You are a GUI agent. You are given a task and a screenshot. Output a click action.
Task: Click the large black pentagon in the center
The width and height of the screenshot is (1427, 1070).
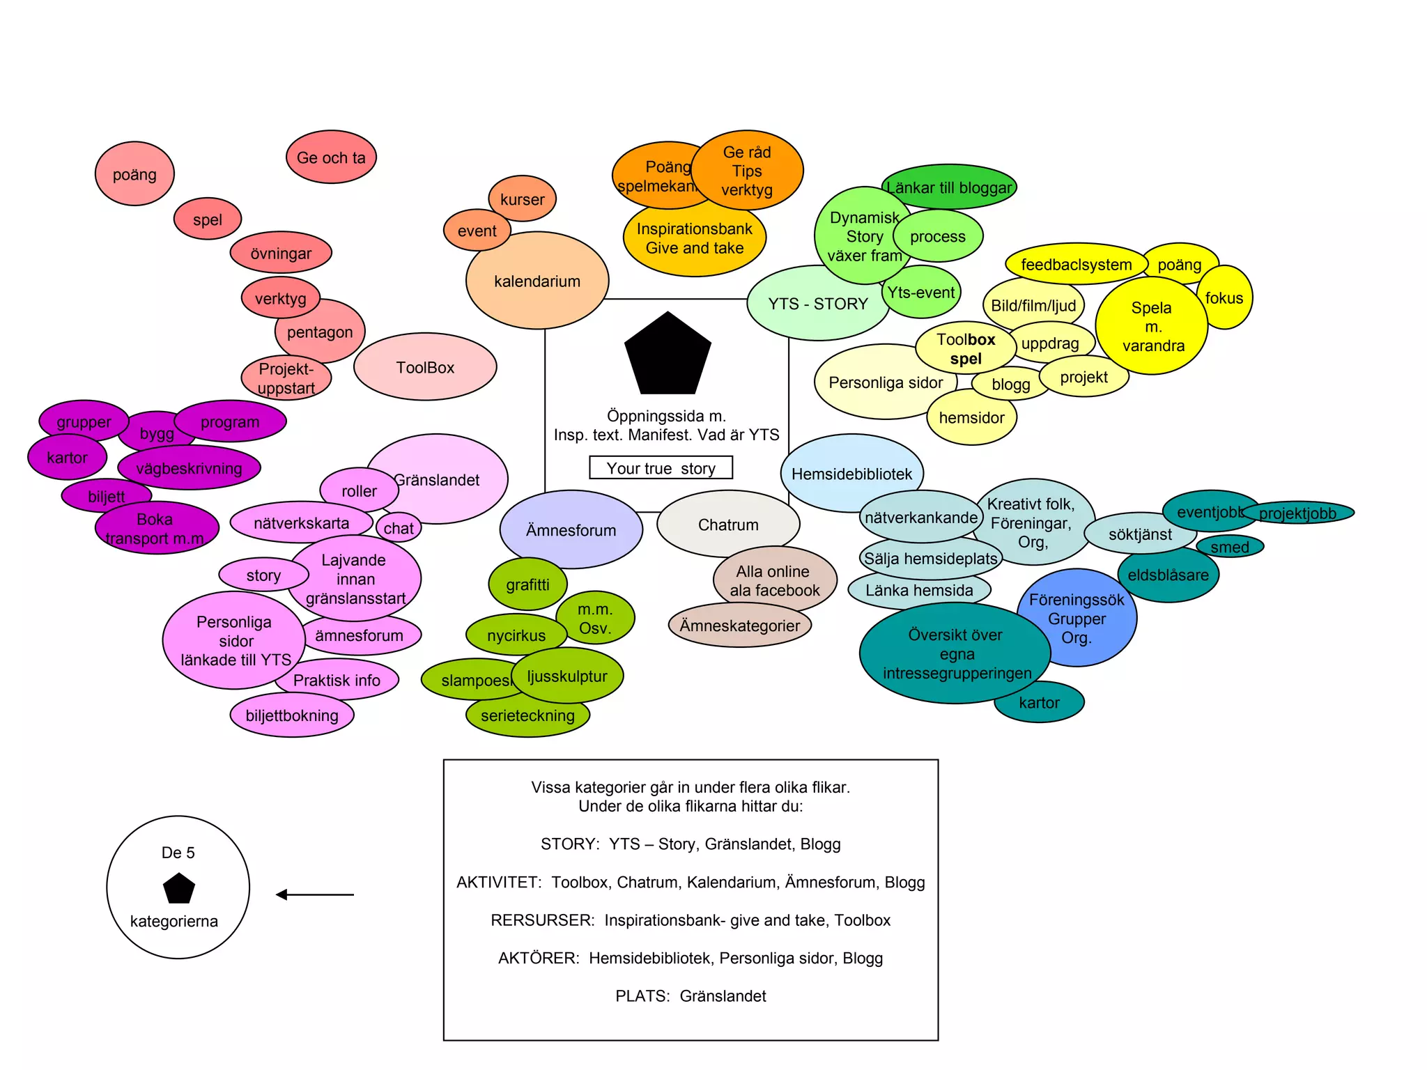[x=668, y=355]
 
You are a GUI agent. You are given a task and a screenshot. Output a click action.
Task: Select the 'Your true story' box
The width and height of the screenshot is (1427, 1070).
[x=661, y=467]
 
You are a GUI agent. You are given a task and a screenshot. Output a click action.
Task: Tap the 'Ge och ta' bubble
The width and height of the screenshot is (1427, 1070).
[x=331, y=157]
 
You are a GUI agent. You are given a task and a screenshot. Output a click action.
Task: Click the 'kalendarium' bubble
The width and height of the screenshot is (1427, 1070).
[x=537, y=281]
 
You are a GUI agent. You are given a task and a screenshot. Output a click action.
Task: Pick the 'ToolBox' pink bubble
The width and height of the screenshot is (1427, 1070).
[x=425, y=367]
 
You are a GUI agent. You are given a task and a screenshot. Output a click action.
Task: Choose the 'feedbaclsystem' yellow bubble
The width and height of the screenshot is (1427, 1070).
[x=1076, y=264]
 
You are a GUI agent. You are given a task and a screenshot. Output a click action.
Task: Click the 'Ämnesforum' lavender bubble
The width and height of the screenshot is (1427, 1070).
[x=571, y=529]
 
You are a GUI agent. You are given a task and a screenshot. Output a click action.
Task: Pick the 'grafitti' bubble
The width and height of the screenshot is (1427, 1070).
[x=527, y=584]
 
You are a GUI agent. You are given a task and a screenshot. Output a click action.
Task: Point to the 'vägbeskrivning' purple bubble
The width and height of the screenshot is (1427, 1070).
[x=189, y=468]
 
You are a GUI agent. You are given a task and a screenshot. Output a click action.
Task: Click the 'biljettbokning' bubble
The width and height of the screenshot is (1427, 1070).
[x=292, y=715]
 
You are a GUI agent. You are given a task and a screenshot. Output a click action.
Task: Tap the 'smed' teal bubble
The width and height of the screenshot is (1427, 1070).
[x=1230, y=547]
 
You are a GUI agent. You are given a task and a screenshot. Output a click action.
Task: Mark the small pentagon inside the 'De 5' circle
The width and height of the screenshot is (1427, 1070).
[x=179, y=889]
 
